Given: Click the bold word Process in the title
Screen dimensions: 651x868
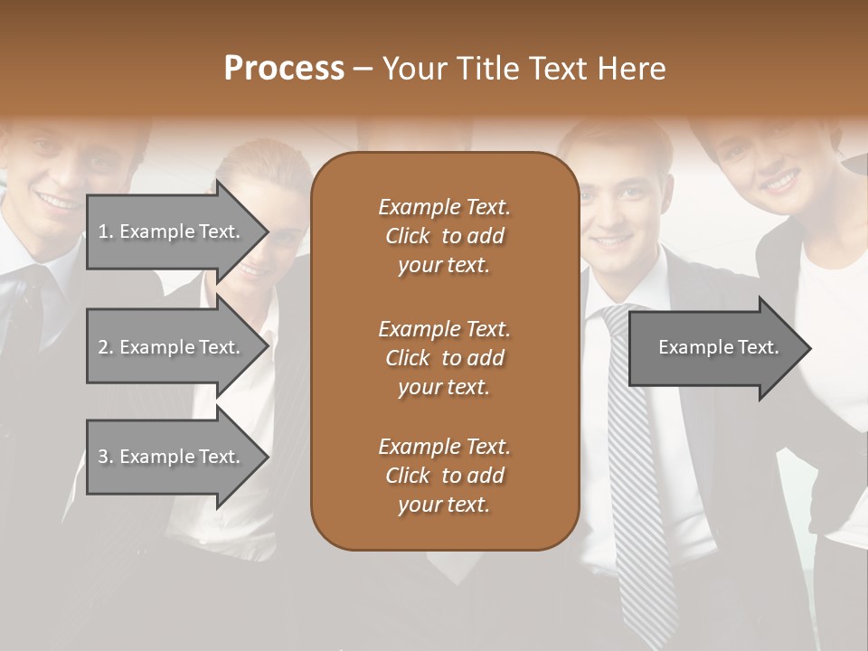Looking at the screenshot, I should pyautogui.click(x=284, y=69).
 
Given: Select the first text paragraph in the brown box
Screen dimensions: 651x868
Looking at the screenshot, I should pyautogui.click(x=444, y=236).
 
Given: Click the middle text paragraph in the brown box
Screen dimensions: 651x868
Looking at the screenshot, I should pyautogui.click(x=444, y=357).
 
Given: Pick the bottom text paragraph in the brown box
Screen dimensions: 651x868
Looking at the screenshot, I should pyautogui.click(x=444, y=476).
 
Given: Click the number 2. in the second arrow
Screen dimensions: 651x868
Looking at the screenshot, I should pyautogui.click(x=106, y=347).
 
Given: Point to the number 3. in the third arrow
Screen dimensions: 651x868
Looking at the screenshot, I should pyautogui.click(x=106, y=457).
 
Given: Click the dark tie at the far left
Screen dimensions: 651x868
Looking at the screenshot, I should pyautogui.click(x=27, y=316).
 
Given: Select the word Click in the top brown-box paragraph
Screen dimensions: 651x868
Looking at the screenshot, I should pyautogui.click(x=407, y=236).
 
